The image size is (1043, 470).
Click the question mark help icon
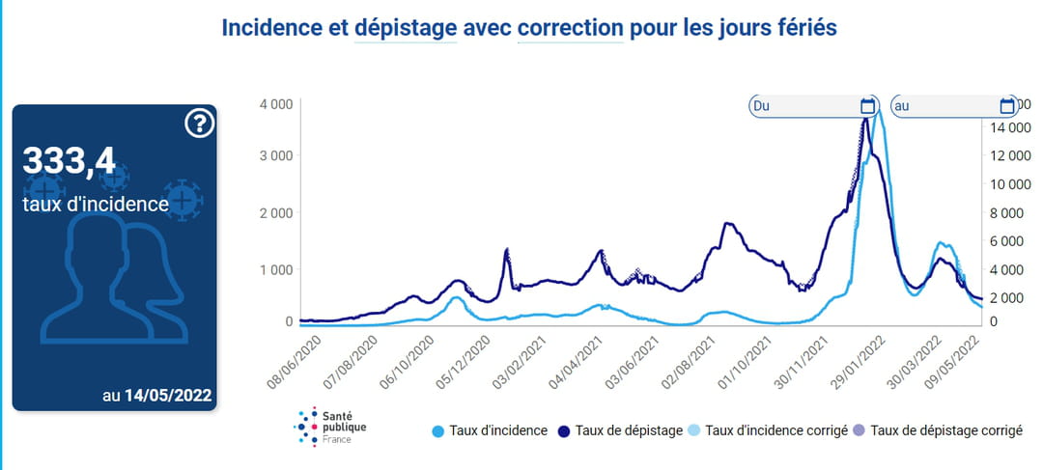click(198, 124)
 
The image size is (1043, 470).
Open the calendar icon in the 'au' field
click(1007, 105)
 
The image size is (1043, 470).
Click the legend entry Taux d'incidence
click(491, 430)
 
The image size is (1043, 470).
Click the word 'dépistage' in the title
click(406, 27)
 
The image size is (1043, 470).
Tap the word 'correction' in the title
click(571, 27)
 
